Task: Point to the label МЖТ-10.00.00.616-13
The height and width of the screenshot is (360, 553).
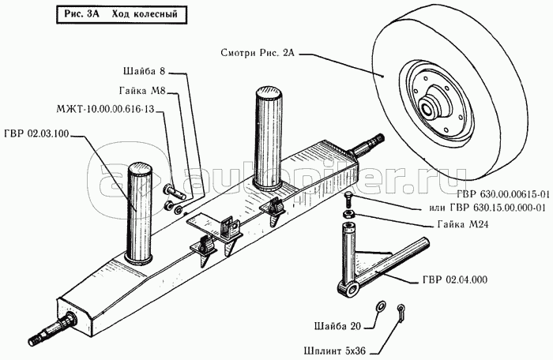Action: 110,110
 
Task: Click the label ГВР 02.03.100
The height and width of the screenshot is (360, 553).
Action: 39,133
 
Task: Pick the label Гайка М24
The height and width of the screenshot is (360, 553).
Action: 458,223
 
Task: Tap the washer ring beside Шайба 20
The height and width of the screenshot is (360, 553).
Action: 380,306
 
